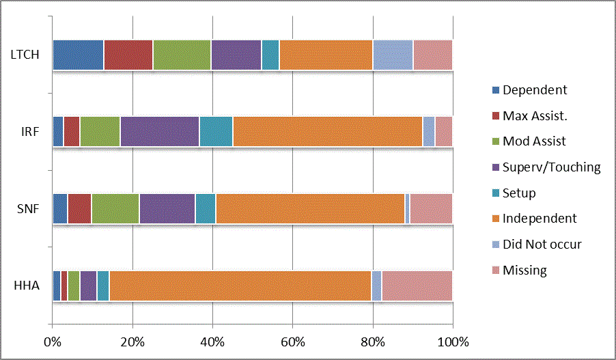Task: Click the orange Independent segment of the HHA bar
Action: coord(240,286)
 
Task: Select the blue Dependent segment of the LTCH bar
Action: coord(78,55)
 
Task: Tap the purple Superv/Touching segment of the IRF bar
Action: coord(160,131)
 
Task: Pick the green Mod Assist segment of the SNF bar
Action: coord(115,208)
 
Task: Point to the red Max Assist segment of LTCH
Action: coord(128,55)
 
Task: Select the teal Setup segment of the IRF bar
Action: coord(216,131)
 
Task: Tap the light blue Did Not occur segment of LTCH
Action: coord(393,55)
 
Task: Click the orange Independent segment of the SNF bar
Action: coord(310,208)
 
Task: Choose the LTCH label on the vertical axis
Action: coord(24,55)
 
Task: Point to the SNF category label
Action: coord(27,208)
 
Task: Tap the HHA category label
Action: coord(26,286)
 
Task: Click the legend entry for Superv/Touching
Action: coord(551,167)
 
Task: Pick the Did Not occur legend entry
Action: coord(542,244)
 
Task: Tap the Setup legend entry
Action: coord(519,193)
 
